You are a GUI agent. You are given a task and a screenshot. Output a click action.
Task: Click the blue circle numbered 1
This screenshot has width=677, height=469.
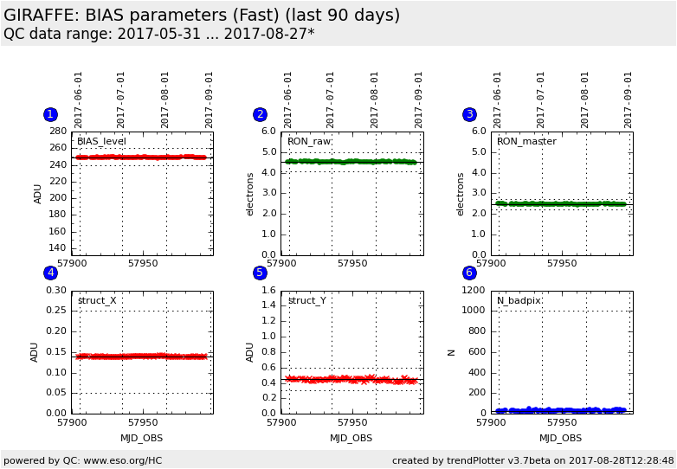click(50, 114)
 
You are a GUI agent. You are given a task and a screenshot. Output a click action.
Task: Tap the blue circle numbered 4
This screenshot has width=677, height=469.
click(50, 273)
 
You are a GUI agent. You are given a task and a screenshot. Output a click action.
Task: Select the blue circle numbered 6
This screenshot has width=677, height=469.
click(469, 273)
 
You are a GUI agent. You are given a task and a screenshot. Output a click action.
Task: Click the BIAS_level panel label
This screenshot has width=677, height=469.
click(101, 141)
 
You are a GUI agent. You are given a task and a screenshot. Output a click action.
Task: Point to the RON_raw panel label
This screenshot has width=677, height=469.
click(309, 141)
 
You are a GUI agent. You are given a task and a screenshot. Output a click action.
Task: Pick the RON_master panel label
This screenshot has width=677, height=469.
click(526, 141)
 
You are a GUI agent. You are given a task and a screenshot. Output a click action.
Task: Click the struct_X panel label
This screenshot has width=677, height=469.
click(97, 300)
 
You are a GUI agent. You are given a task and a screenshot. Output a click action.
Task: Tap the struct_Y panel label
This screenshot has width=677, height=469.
click(306, 300)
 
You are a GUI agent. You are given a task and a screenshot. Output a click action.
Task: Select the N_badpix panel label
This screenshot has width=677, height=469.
click(519, 300)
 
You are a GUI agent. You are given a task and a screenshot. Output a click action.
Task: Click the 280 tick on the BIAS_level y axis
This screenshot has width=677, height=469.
click(58, 132)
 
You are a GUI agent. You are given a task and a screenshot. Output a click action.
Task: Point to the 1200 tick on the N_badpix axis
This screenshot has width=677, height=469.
click(473, 291)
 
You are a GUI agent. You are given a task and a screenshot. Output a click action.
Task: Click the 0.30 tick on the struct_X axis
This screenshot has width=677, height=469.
click(55, 291)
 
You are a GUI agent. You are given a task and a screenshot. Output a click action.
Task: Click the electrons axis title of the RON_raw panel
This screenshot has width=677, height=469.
click(251, 194)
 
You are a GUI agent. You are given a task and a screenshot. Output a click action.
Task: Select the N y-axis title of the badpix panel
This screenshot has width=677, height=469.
click(451, 352)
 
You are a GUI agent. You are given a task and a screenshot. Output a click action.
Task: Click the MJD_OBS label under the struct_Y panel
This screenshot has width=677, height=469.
click(351, 438)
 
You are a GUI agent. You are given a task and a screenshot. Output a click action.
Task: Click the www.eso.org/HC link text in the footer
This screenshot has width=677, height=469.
click(118, 460)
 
